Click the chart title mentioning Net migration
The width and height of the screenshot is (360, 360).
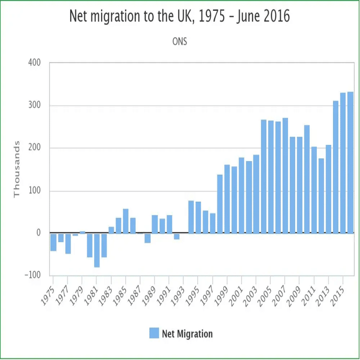[179, 17]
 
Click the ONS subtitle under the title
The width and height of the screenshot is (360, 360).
[179, 42]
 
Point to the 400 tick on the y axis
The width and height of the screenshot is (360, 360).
[35, 63]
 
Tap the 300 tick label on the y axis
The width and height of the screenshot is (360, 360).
[35, 105]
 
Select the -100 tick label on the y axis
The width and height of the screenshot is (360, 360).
[33, 275]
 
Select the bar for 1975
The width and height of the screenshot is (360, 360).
[54, 242]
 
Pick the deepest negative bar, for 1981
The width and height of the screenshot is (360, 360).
[97, 250]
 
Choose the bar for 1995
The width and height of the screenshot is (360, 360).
[198, 217]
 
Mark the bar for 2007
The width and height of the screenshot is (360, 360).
[285, 175]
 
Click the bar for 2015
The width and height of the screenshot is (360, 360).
[343, 163]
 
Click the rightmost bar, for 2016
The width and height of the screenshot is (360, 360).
[350, 162]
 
